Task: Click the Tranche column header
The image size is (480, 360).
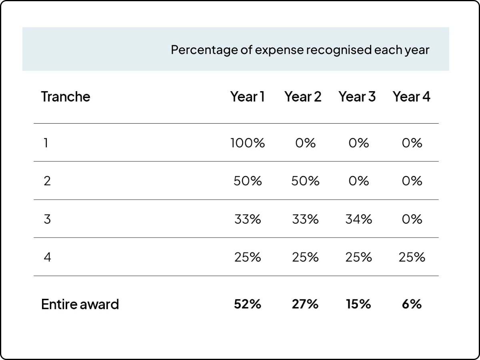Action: click(66, 96)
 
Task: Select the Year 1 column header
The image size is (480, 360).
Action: click(247, 96)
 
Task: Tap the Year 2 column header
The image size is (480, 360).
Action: click(303, 96)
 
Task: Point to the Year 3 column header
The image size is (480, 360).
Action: click(357, 96)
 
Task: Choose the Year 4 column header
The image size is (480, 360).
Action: click(411, 96)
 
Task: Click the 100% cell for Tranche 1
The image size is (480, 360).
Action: click(248, 143)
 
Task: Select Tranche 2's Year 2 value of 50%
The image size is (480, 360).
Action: click(305, 181)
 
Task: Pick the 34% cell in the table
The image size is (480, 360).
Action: click(359, 219)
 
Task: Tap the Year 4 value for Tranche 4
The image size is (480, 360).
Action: click(412, 257)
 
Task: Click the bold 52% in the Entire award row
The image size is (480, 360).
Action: click(248, 304)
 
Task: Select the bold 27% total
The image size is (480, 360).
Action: click(305, 304)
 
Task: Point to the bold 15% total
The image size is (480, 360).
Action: click(359, 304)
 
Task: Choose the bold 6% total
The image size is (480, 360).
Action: click(412, 304)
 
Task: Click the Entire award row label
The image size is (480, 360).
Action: click(80, 304)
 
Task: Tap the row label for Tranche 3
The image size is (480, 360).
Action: click(47, 219)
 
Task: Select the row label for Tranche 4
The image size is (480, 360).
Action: click(47, 257)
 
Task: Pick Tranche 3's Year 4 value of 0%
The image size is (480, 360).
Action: click(412, 219)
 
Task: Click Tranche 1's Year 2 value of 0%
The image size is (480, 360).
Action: click(305, 143)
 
